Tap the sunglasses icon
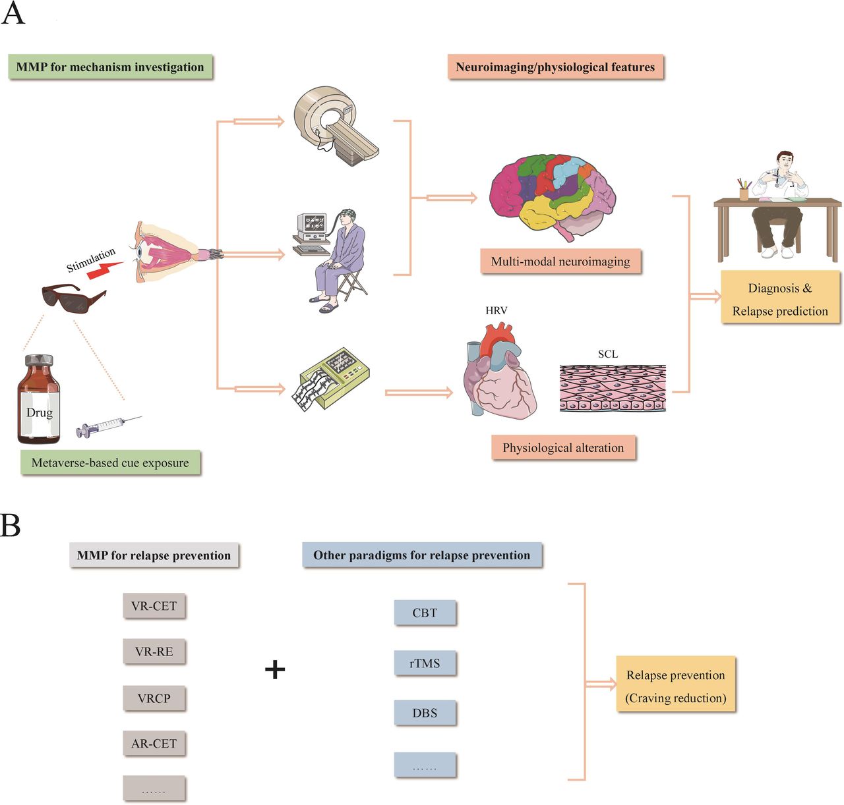click(73, 297)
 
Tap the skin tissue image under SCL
click(613, 388)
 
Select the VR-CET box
click(154, 605)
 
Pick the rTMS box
click(425, 663)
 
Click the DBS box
click(425, 713)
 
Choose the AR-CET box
click(154, 743)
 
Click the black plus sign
click(275, 670)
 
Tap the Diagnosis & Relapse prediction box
click(780, 299)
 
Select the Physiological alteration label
click(563, 448)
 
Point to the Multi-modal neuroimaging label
click(560, 262)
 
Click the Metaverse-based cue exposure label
click(110, 463)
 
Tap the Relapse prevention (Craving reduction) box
click(675, 686)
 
